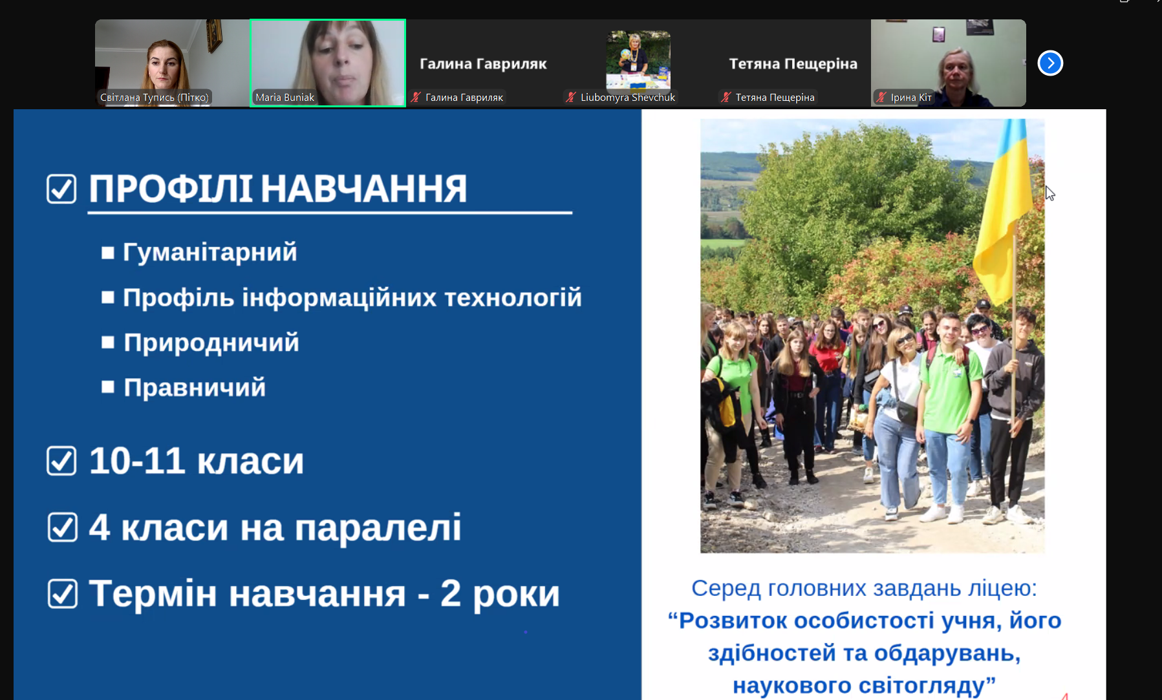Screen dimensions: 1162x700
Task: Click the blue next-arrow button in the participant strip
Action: click(1050, 63)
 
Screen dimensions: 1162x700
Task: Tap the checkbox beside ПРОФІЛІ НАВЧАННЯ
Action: click(61, 189)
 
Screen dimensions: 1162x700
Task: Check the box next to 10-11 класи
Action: click(61, 461)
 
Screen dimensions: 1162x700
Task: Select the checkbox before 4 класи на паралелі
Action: click(62, 527)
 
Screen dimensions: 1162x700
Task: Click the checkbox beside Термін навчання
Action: click(62, 593)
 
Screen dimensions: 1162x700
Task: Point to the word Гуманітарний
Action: click(210, 252)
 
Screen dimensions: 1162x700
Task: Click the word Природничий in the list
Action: click(211, 343)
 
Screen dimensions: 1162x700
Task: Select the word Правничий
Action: click(195, 388)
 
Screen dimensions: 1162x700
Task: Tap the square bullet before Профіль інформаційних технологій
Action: click(108, 297)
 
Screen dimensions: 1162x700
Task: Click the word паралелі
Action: click(378, 527)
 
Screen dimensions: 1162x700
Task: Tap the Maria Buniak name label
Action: click(285, 98)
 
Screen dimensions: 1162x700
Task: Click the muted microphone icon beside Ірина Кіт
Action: click(881, 97)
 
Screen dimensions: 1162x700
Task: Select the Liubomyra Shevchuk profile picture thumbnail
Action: click(638, 59)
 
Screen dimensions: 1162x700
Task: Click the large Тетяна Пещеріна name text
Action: click(793, 63)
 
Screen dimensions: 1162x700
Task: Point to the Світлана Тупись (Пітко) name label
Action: click(155, 98)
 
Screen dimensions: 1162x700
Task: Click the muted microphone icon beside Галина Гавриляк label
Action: click(415, 97)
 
